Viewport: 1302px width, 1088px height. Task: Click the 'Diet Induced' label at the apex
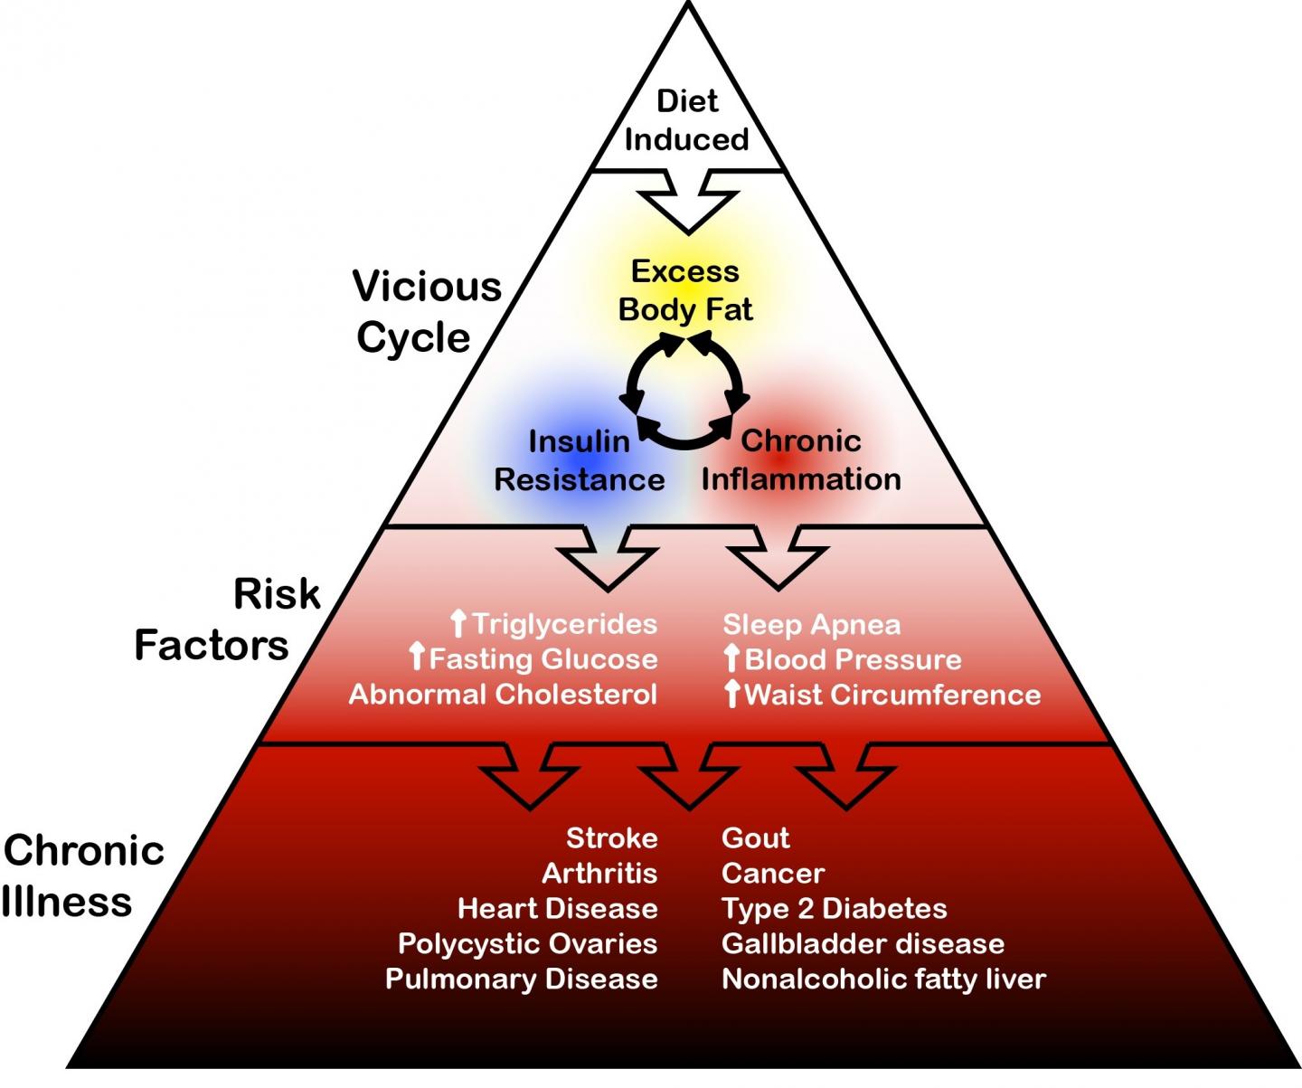687,120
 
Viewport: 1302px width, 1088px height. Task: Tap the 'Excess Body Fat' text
685,290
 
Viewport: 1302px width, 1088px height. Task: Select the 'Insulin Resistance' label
580,460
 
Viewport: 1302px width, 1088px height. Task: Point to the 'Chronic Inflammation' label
801,459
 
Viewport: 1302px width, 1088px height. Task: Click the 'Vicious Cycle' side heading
426,312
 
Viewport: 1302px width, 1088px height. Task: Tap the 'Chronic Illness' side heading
83,875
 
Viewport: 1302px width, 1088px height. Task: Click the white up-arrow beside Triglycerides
458,623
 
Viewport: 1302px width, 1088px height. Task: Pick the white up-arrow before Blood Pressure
731,658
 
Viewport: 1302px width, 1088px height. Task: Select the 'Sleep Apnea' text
811,624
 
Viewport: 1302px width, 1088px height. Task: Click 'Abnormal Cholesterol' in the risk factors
503,695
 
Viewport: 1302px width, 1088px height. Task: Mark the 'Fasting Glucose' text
542,659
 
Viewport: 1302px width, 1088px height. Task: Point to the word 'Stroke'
611,838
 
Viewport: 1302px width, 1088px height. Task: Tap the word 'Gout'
755,838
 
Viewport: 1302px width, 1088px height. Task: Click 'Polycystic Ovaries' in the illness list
527,944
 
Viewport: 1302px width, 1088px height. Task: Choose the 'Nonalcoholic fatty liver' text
883,979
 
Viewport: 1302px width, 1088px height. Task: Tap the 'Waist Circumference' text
892,695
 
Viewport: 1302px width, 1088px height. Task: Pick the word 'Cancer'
773,874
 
